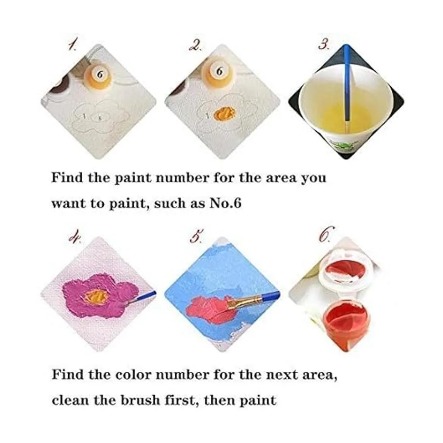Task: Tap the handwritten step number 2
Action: click(195, 46)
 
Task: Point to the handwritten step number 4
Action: click(75, 235)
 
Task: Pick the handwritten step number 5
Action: click(196, 235)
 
